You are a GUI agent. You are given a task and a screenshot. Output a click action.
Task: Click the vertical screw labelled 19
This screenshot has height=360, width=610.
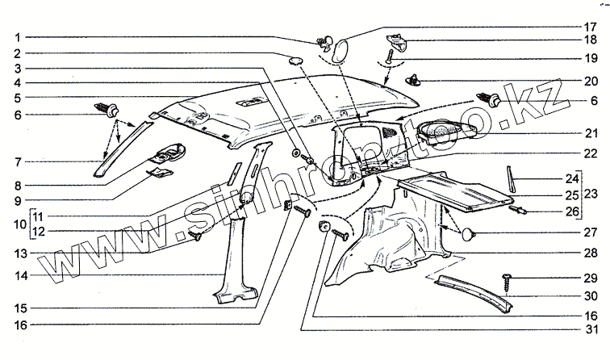[391, 58]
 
